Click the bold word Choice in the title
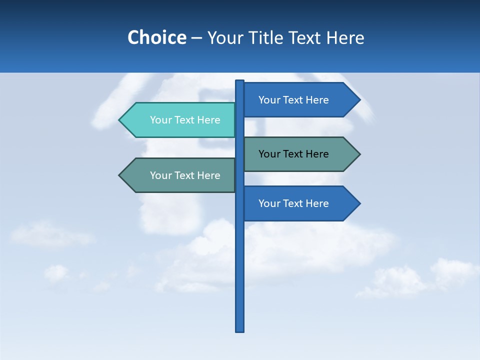click(x=156, y=37)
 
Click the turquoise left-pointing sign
click(x=180, y=120)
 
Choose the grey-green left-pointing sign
click(x=180, y=175)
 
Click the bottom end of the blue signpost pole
click(x=240, y=329)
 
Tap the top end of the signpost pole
click(x=240, y=82)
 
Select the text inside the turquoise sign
click(x=185, y=120)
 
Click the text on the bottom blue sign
click(x=293, y=203)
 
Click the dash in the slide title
click(x=196, y=38)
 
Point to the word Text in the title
click(x=304, y=37)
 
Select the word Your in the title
click(x=224, y=37)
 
